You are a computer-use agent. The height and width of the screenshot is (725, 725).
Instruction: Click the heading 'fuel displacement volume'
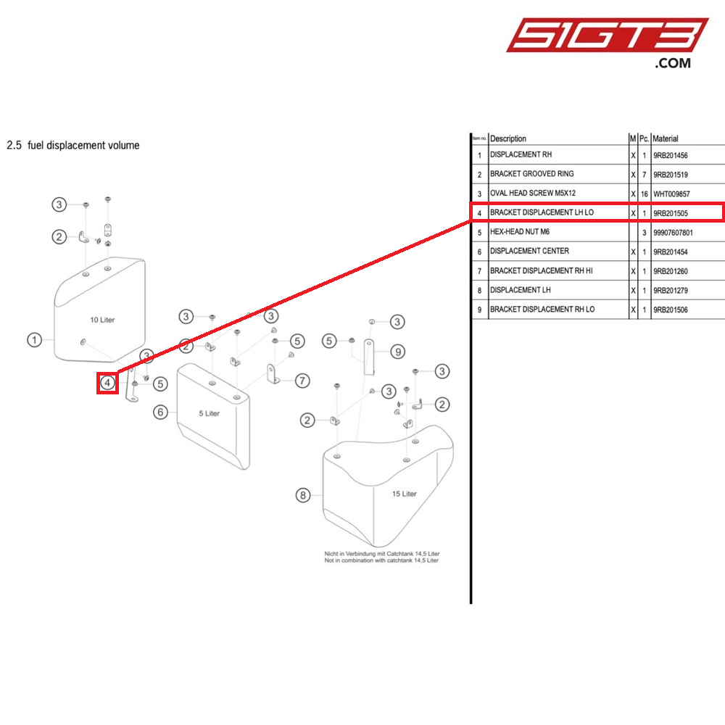[x=72, y=145]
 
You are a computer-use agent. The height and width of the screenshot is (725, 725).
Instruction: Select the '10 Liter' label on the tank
[x=102, y=320]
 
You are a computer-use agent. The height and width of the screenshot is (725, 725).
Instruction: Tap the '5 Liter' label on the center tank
[x=210, y=413]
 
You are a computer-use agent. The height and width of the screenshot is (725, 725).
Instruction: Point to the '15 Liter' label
[x=405, y=494]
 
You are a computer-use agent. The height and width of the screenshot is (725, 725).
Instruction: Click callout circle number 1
[x=34, y=339]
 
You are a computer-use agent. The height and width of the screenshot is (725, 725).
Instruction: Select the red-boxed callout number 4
[x=108, y=382]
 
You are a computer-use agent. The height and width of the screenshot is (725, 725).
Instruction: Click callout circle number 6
[x=161, y=412]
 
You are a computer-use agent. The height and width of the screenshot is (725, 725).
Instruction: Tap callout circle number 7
[x=302, y=380]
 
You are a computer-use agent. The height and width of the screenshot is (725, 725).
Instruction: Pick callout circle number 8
[x=304, y=496]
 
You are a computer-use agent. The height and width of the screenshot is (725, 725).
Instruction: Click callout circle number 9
[x=397, y=352]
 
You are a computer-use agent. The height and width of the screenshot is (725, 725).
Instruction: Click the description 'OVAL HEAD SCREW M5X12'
[x=533, y=194]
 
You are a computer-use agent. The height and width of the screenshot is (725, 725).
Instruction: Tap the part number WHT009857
[x=674, y=194]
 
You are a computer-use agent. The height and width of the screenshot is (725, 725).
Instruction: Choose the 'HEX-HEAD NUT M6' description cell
[x=521, y=232]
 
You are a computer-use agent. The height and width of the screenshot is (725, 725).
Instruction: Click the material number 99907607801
[x=678, y=232]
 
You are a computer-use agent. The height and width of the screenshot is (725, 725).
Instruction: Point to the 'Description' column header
[x=508, y=138]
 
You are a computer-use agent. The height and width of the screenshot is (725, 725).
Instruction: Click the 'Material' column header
[x=666, y=138]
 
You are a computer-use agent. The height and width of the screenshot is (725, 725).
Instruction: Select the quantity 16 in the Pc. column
[x=644, y=194]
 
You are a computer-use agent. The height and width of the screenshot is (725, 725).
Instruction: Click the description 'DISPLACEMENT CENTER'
[x=529, y=252]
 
